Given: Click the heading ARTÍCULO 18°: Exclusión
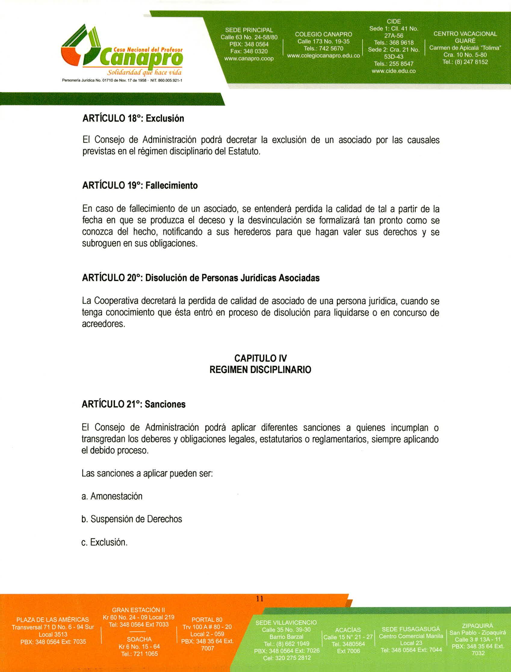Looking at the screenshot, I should [133, 118].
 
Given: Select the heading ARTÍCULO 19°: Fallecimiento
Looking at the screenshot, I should [140, 185].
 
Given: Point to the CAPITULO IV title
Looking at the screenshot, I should [260, 358].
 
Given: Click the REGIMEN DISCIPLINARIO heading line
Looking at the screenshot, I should [260, 370].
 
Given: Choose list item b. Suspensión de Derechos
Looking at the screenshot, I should [132, 519].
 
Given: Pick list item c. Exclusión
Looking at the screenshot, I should [104, 542].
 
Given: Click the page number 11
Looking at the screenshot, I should [259, 599].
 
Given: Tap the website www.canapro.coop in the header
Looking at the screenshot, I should [249, 58].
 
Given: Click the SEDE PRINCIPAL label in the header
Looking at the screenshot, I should [249, 30].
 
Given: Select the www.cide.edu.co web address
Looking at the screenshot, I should [394, 71].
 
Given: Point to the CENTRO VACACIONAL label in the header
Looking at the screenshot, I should [465, 34].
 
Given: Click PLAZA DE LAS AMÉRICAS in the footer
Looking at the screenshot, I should [53, 620].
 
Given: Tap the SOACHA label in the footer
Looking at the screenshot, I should [139, 639].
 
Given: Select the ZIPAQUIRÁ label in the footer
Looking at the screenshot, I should [477, 626].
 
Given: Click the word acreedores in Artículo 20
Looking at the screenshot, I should [104, 324].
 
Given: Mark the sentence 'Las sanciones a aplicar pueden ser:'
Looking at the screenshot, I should [147, 473].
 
